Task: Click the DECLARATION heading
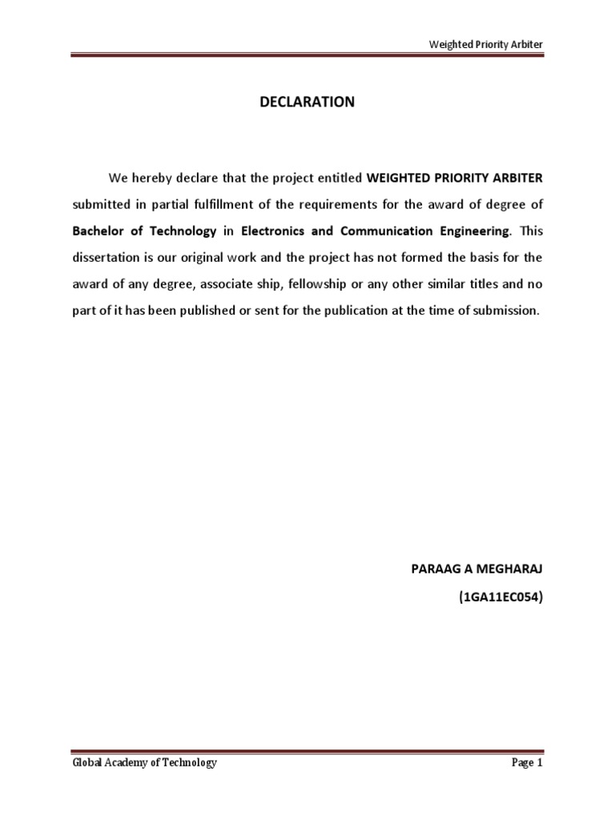point(307,102)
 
